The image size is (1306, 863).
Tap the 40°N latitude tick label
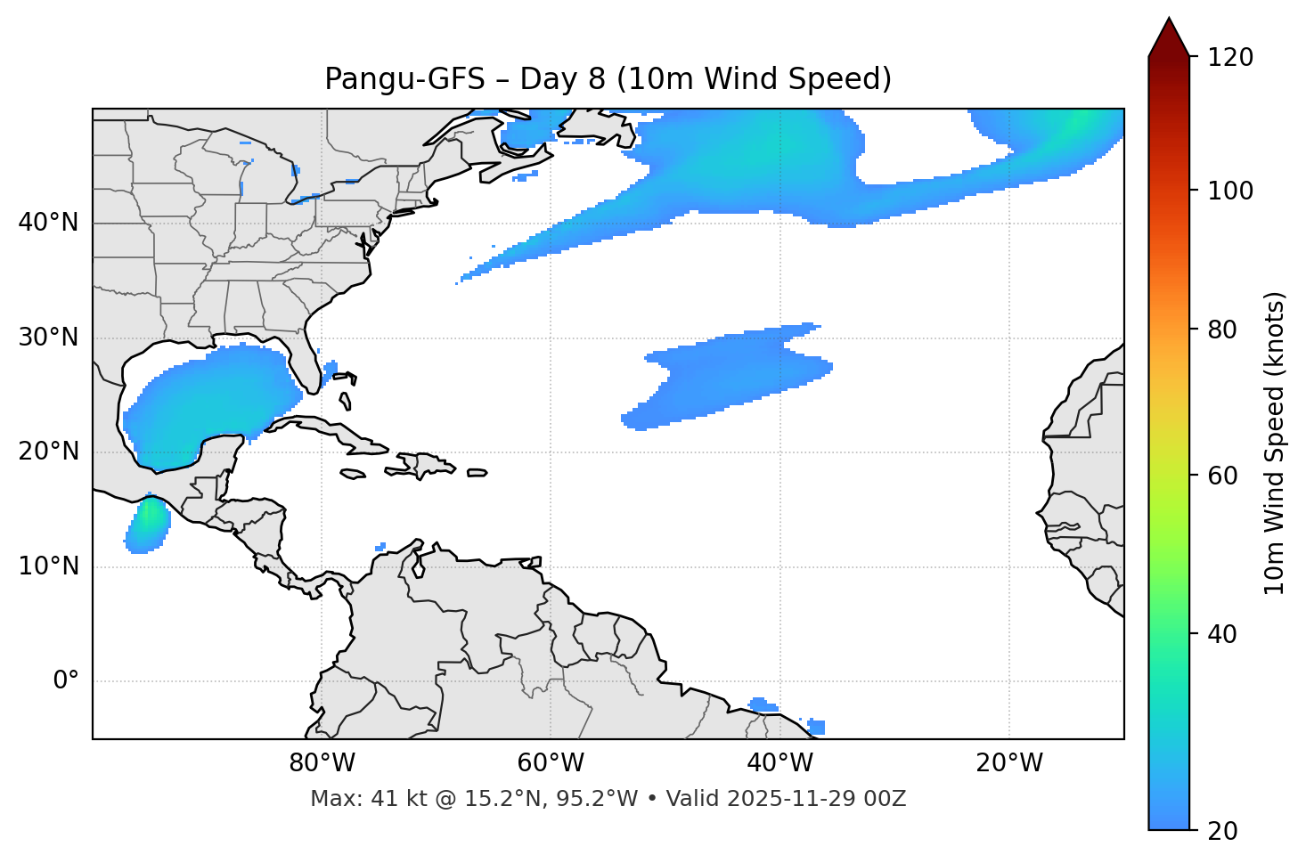pyautogui.click(x=48, y=223)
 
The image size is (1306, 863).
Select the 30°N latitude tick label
pyautogui.click(x=48, y=338)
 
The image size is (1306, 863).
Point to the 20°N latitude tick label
pyautogui.click(x=48, y=452)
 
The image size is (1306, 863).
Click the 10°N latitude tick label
pyautogui.click(x=48, y=566)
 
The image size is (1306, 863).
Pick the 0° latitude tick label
pyautogui.click(x=66, y=681)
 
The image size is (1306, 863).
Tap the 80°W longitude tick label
pyautogui.click(x=322, y=763)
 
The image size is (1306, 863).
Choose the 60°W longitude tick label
pyautogui.click(x=551, y=763)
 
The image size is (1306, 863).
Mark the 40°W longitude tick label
pyautogui.click(x=780, y=763)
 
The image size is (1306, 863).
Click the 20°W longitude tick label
pyautogui.click(x=1008, y=763)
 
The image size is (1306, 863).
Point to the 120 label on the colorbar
pyautogui.click(x=1230, y=57)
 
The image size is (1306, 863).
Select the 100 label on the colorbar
pyautogui.click(x=1230, y=191)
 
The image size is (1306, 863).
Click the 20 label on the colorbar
pyautogui.click(x=1223, y=831)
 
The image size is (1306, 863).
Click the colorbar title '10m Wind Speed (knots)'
pyautogui.click(x=1275, y=443)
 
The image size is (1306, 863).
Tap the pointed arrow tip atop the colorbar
pyautogui.click(x=1169, y=22)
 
